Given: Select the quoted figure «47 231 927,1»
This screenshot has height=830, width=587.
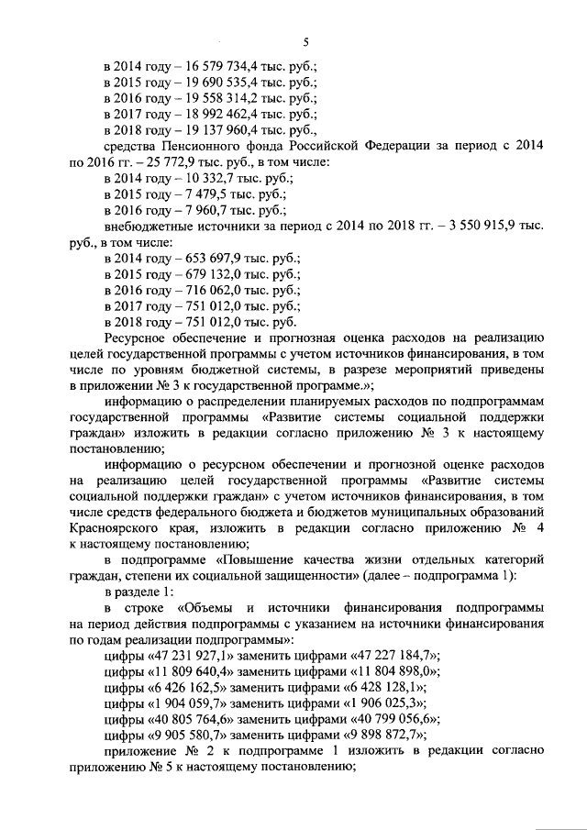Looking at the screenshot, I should coord(193,654).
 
